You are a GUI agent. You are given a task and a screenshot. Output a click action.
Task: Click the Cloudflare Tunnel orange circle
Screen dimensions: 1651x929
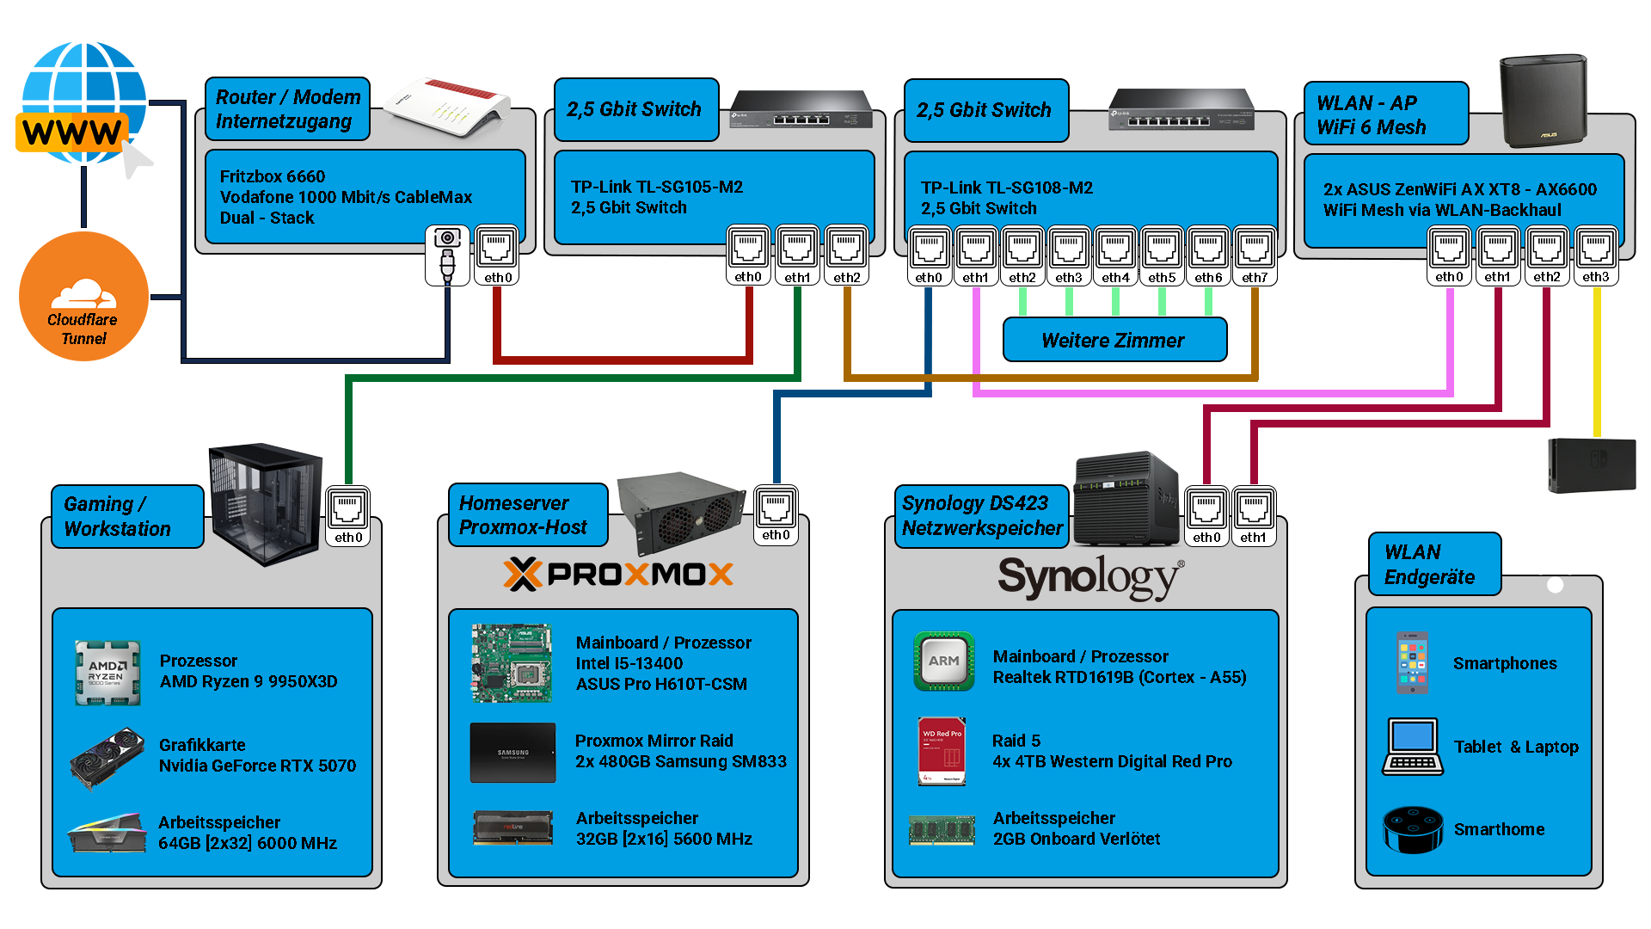(x=83, y=297)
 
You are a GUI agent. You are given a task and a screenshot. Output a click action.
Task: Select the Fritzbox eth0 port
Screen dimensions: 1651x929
(x=497, y=255)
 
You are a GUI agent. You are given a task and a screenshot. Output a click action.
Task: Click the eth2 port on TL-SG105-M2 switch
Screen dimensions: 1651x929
(x=846, y=255)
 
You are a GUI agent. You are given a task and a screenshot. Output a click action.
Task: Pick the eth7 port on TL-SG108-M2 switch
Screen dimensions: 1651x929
(x=1255, y=255)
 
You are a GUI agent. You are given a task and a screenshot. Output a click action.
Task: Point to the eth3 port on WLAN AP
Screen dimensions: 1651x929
(x=1596, y=255)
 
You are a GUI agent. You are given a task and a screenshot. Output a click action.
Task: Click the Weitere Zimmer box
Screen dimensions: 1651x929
(x=1114, y=340)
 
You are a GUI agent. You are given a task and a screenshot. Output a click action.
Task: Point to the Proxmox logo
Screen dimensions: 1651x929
(x=618, y=574)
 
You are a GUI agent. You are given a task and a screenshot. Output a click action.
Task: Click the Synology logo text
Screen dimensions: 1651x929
(x=1090, y=577)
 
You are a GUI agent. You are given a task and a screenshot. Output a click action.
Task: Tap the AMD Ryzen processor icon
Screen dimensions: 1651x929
(x=107, y=672)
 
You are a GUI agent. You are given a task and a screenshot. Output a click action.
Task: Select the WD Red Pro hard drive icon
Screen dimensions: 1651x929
(x=942, y=751)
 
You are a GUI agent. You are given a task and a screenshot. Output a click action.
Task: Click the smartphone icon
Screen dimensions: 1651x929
(x=1413, y=663)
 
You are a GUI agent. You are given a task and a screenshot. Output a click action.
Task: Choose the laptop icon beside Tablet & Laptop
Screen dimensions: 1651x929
(x=1412, y=747)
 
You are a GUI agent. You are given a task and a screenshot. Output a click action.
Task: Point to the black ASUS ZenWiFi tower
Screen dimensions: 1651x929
(x=1543, y=101)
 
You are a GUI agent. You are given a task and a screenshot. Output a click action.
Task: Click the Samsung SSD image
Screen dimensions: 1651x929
(x=512, y=753)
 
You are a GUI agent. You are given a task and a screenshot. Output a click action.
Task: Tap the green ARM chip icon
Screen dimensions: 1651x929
(x=943, y=661)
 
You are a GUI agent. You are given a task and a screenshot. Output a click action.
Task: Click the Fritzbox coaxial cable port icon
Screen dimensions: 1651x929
(x=447, y=255)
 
